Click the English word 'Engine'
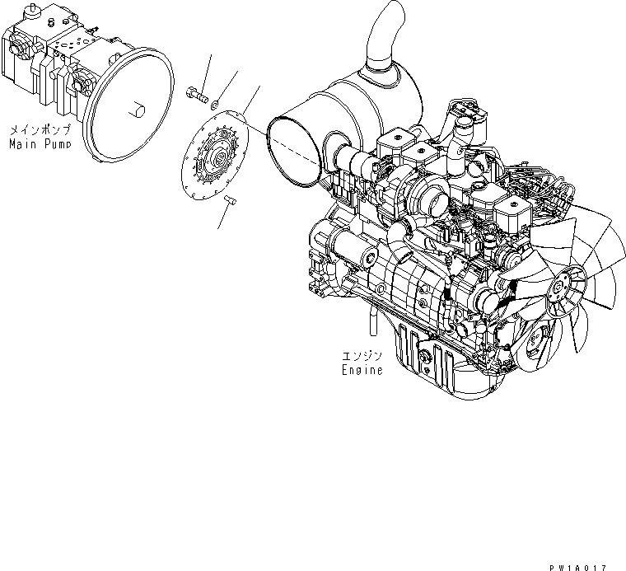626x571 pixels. click(363, 370)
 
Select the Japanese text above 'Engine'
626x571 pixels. click(362, 357)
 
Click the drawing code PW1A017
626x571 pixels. click(576, 566)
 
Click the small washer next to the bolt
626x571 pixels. click(213, 104)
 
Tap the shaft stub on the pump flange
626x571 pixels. click(138, 108)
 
